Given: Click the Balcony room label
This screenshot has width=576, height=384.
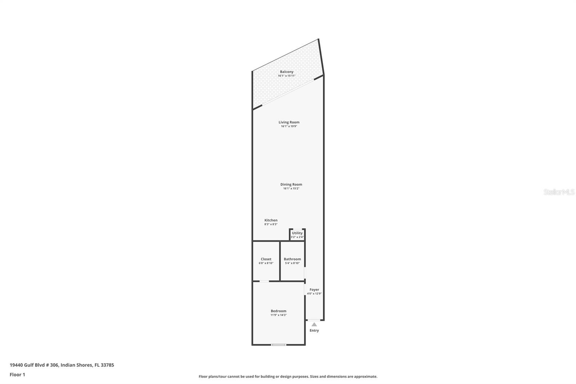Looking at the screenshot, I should point(287,72).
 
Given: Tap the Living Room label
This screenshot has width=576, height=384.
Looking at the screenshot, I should point(289,122).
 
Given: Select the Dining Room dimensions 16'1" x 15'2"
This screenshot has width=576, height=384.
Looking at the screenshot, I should point(291,188).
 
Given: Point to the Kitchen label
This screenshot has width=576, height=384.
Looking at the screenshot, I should point(271,220).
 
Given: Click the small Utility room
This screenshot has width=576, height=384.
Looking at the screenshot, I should point(297,235).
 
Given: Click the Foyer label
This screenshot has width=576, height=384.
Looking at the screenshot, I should point(314,289).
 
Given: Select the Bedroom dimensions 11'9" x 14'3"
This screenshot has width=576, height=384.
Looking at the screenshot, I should point(278,315).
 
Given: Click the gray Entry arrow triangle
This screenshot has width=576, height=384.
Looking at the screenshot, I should point(314,325).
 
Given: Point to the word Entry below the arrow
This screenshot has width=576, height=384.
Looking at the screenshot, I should point(314,330).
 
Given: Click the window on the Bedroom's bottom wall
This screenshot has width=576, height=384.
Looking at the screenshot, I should point(279,345).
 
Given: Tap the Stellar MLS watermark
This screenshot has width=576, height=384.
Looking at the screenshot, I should point(559,192).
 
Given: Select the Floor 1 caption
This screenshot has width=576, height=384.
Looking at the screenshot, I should point(17,375).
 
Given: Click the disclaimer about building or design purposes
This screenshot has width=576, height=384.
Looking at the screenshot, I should point(288,376).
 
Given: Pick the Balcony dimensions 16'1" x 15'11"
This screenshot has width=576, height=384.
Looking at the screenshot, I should point(287,76).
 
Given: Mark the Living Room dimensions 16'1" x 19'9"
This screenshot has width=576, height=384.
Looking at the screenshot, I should point(289,126).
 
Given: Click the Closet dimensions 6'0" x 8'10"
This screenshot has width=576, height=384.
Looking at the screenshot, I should point(266,263).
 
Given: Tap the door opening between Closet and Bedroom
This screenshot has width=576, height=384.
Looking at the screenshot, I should point(264,281).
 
